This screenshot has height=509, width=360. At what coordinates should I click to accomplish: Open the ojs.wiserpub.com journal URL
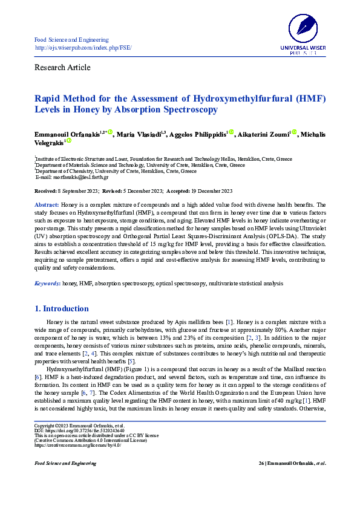tap(83, 47)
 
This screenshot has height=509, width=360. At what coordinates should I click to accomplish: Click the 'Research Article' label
tap(62, 67)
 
